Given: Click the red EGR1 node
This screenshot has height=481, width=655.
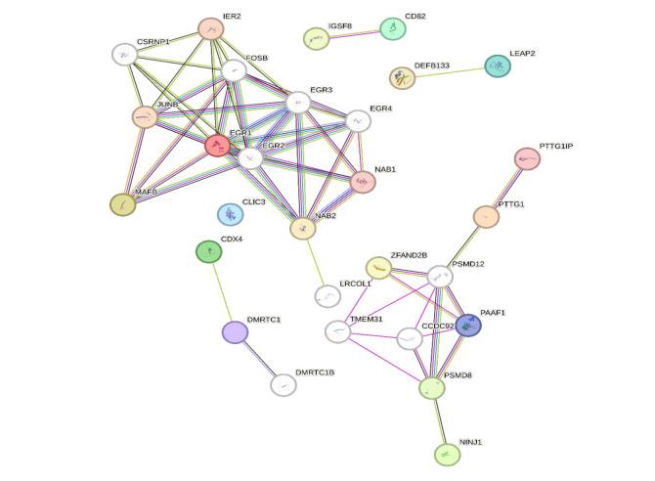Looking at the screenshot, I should tap(217, 146).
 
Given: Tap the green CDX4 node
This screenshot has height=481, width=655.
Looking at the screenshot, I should tap(208, 252).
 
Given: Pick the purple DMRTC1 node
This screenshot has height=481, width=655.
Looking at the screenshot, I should tap(235, 332).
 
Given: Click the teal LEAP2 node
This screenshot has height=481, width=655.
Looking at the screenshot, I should tap(498, 66).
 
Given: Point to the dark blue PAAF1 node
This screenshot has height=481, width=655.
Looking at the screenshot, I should tap(468, 326).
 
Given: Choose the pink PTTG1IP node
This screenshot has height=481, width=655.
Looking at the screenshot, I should tap(526, 158).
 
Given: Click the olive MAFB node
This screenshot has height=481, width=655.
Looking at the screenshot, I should tap(122, 204).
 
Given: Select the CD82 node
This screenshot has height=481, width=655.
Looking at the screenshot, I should tap(392, 28).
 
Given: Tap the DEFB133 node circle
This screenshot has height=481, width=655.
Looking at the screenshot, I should tap(402, 78).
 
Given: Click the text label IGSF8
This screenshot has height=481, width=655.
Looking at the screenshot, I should tap(340, 25).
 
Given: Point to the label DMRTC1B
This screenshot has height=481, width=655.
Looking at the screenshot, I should tap(315, 372).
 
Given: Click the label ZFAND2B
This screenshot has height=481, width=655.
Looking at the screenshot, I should tap(409, 255).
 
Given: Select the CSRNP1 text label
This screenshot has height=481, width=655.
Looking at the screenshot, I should tap(153, 42).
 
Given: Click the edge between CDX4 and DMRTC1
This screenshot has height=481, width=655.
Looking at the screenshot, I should tap(221, 291).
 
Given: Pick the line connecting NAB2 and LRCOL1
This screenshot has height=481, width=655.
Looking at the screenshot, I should tap(314, 261).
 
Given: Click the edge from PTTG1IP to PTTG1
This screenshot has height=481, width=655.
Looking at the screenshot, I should tap(506, 187).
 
